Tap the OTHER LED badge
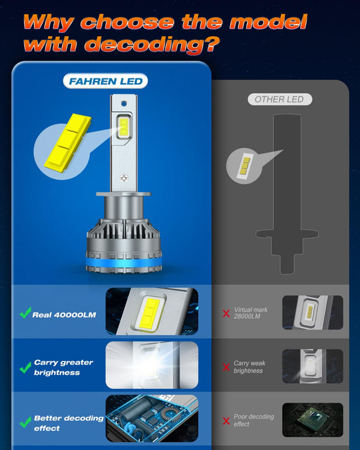pyautogui.click(x=280, y=99)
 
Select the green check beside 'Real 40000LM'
pyautogui.click(x=25, y=314)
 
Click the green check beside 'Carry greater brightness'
pyautogui.click(x=25, y=368)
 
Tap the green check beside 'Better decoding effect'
pyautogui.click(x=25, y=422)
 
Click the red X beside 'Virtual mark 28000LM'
pyautogui.click(x=226, y=313)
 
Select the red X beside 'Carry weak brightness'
pyautogui.click(x=226, y=367)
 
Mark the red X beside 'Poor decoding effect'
pyautogui.click(x=226, y=421)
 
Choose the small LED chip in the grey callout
pyautogui.click(x=245, y=166)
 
